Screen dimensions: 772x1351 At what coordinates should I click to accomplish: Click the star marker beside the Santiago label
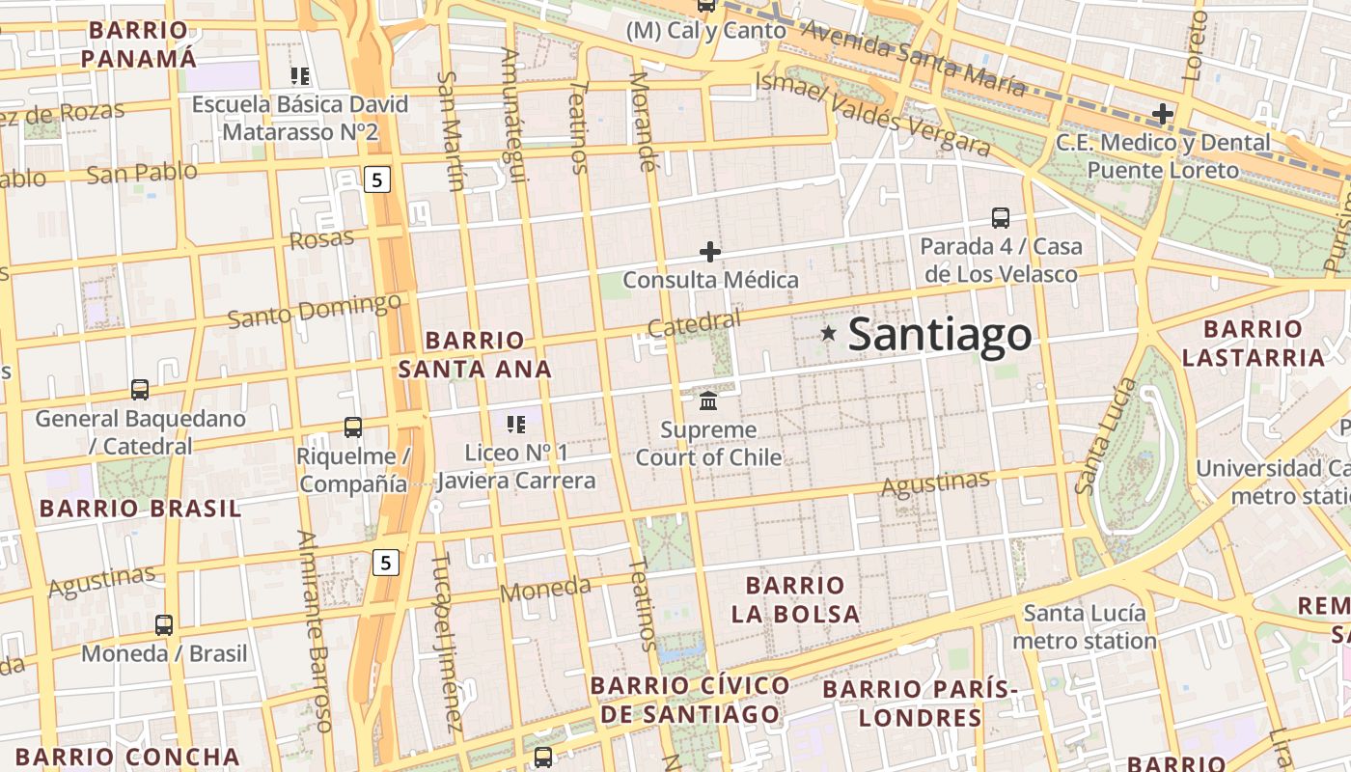[828, 334]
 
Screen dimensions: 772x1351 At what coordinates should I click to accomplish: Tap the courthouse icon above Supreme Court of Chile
[708, 400]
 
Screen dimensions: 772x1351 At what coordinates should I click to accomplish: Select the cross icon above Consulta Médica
[710, 253]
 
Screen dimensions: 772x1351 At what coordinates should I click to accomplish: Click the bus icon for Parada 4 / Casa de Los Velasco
[1001, 218]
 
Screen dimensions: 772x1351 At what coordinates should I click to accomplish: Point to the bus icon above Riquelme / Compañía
[353, 427]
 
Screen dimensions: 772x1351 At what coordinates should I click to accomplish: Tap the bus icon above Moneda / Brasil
[164, 625]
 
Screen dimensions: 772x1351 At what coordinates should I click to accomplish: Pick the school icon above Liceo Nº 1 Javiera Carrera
[516, 424]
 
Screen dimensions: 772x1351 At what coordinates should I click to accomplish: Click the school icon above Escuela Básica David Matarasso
[300, 75]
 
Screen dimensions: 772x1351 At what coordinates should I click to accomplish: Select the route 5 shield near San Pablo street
[377, 179]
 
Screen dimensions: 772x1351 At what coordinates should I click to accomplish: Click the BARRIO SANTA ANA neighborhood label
[475, 354]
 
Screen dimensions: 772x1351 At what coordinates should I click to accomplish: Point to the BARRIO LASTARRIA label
[1253, 344]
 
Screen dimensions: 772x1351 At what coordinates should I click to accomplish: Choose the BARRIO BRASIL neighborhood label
[140, 509]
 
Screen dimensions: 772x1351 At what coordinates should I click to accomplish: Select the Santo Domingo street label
[315, 312]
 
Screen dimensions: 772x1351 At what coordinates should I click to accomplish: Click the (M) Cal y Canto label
[705, 31]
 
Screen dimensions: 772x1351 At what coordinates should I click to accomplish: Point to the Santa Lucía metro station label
[1085, 627]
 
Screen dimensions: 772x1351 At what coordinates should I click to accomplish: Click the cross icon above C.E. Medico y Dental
[1163, 114]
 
